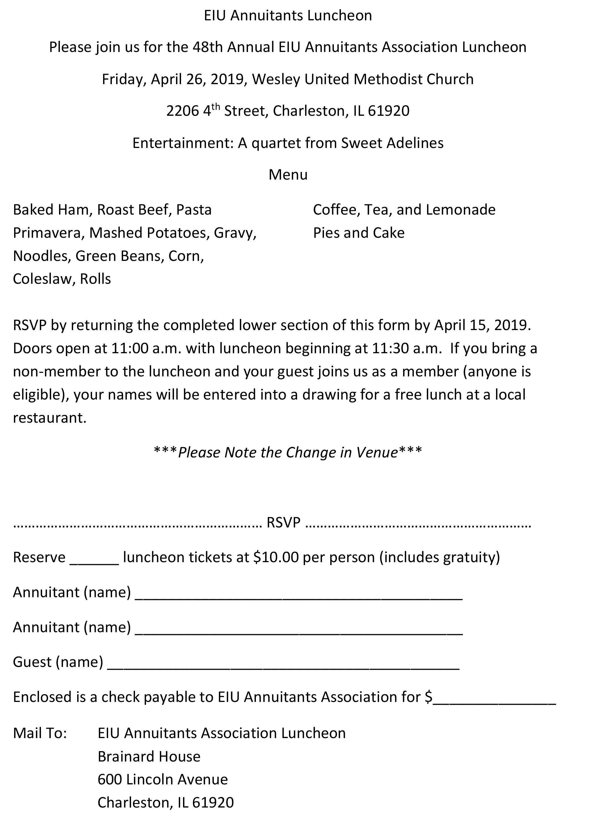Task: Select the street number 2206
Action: click(x=182, y=111)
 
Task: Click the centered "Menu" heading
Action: click(x=288, y=174)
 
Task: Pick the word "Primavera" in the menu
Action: click(x=47, y=233)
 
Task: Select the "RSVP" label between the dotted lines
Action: click(x=284, y=522)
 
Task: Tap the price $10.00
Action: click(x=276, y=557)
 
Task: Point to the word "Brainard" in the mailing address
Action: click(x=123, y=756)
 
